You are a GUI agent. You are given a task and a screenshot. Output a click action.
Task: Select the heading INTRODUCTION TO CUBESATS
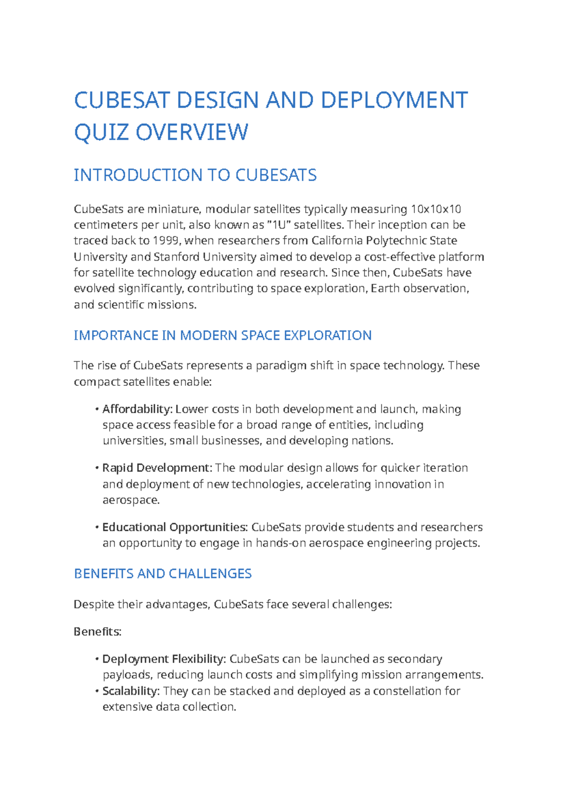tap(195, 175)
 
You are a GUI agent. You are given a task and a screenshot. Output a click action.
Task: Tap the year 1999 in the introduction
tap(166, 240)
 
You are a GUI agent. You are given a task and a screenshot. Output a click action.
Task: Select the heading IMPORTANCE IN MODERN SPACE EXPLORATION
tap(223, 335)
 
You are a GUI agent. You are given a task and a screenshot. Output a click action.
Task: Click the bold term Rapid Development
tap(157, 468)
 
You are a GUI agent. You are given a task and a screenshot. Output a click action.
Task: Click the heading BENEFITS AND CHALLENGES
tap(163, 574)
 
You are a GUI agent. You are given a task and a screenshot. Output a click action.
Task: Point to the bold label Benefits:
tap(97, 631)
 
